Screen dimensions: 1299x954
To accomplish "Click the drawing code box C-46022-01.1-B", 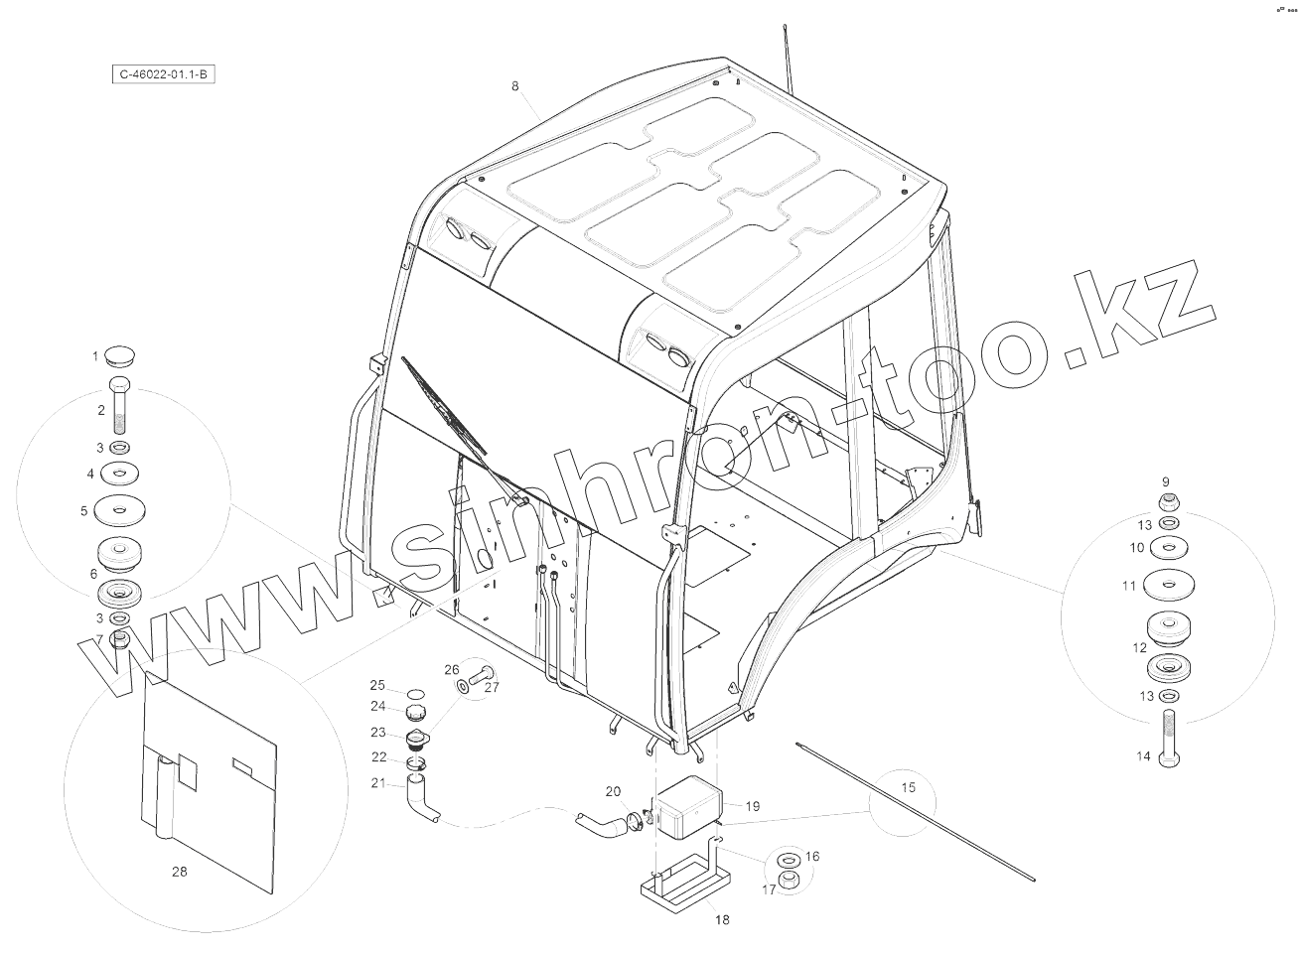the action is point(162,74).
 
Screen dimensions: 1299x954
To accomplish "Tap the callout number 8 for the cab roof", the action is point(514,86).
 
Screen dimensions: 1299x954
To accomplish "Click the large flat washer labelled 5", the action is point(119,511).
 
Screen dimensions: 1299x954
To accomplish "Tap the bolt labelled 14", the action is point(1170,740).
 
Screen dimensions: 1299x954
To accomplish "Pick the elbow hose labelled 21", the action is point(419,801).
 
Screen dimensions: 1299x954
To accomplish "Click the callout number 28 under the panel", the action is point(179,872).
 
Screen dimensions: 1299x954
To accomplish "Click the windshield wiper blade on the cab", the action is point(444,407).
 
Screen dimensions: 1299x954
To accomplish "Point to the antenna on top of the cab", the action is point(790,55).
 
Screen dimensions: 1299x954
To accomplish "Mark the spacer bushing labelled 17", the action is point(792,882).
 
